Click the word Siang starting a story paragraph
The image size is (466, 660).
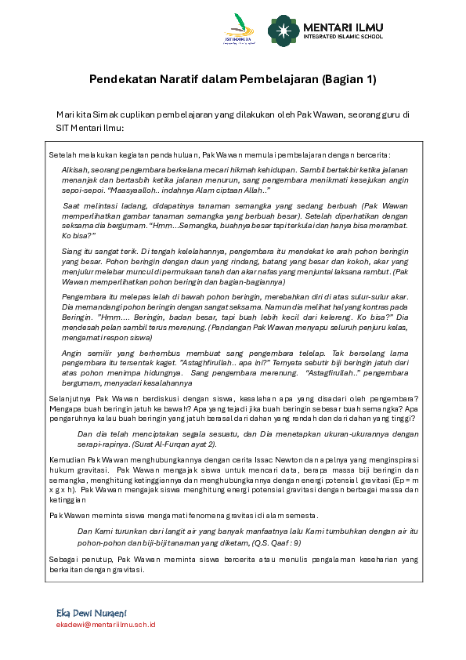coord(72,249)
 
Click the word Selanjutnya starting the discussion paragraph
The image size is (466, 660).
coord(68,398)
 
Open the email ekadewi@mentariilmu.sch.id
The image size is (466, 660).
coord(106,625)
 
